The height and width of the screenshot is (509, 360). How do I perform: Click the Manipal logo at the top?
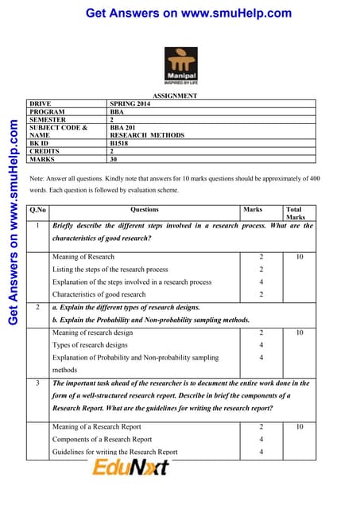point(180,64)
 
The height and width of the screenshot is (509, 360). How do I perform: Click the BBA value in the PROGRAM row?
point(118,112)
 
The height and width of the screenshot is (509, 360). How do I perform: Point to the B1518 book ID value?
point(121,143)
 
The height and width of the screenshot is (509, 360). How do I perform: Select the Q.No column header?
point(37,210)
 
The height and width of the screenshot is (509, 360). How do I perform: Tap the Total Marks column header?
point(296,213)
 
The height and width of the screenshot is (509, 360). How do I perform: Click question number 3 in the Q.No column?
point(37,383)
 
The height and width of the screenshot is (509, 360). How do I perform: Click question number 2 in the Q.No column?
point(37,306)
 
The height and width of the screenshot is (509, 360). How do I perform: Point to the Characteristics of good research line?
point(99,294)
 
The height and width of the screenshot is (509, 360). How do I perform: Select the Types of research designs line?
point(90,345)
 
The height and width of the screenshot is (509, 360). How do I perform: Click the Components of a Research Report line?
point(102,439)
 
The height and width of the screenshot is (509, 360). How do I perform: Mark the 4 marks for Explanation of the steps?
point(261,282)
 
